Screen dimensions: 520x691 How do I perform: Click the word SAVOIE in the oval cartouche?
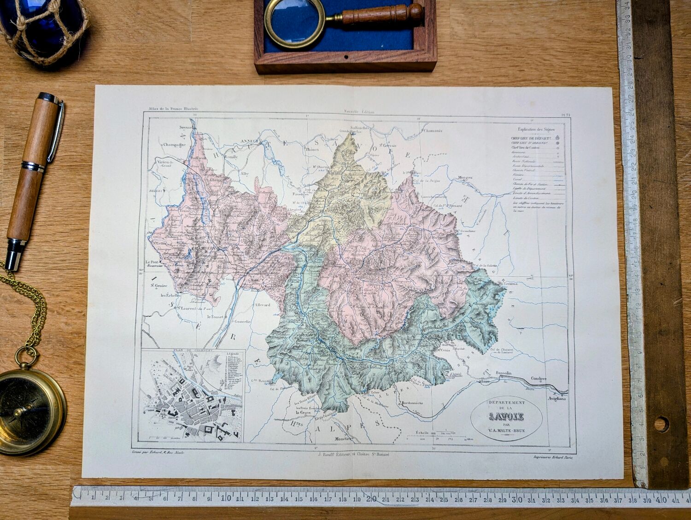click(506, 418)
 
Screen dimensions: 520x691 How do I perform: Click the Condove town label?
click(539, 379)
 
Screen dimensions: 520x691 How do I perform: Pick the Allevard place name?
click(263, 305)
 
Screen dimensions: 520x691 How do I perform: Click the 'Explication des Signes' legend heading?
click(536, 129)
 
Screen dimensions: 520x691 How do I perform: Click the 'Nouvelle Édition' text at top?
click(359, 111)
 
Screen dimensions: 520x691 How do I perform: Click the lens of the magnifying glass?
click(293, 23)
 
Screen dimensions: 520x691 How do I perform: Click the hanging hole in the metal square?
click(661, 423)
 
